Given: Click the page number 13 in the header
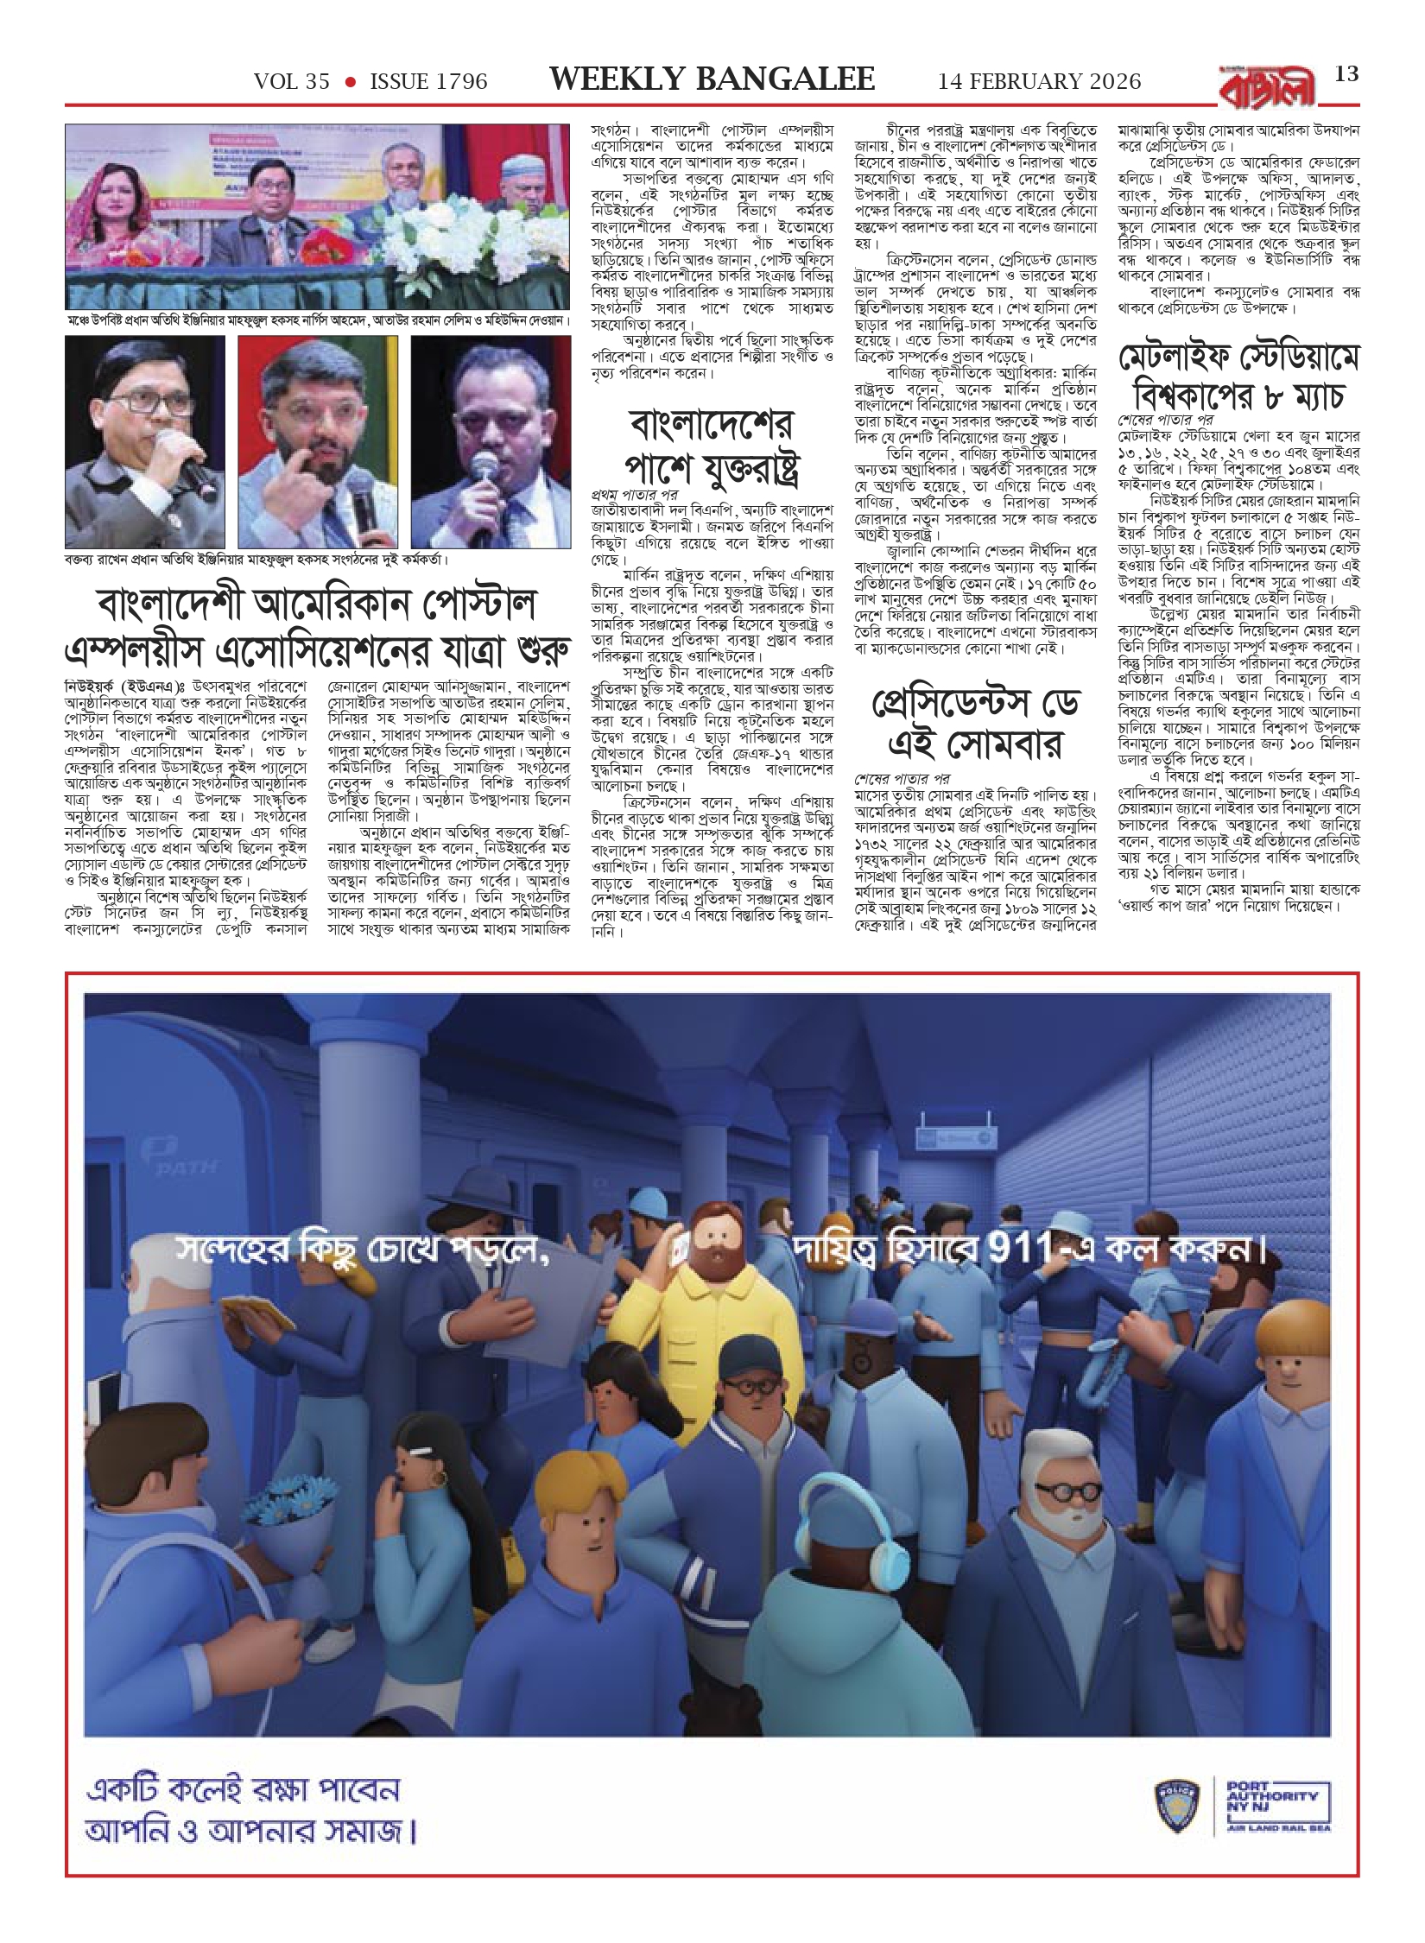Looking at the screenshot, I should tap(1346, 74).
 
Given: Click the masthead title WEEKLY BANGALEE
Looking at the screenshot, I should tap(712, 80).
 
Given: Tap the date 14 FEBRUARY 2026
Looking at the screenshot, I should tap(1040, 82).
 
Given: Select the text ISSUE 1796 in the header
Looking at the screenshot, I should tap(428, 82).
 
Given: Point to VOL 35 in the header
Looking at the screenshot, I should tap(292, 82).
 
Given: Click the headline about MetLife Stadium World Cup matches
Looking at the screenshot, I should tap(1239, 377).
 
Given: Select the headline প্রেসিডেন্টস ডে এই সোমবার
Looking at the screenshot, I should tap(976, 725).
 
